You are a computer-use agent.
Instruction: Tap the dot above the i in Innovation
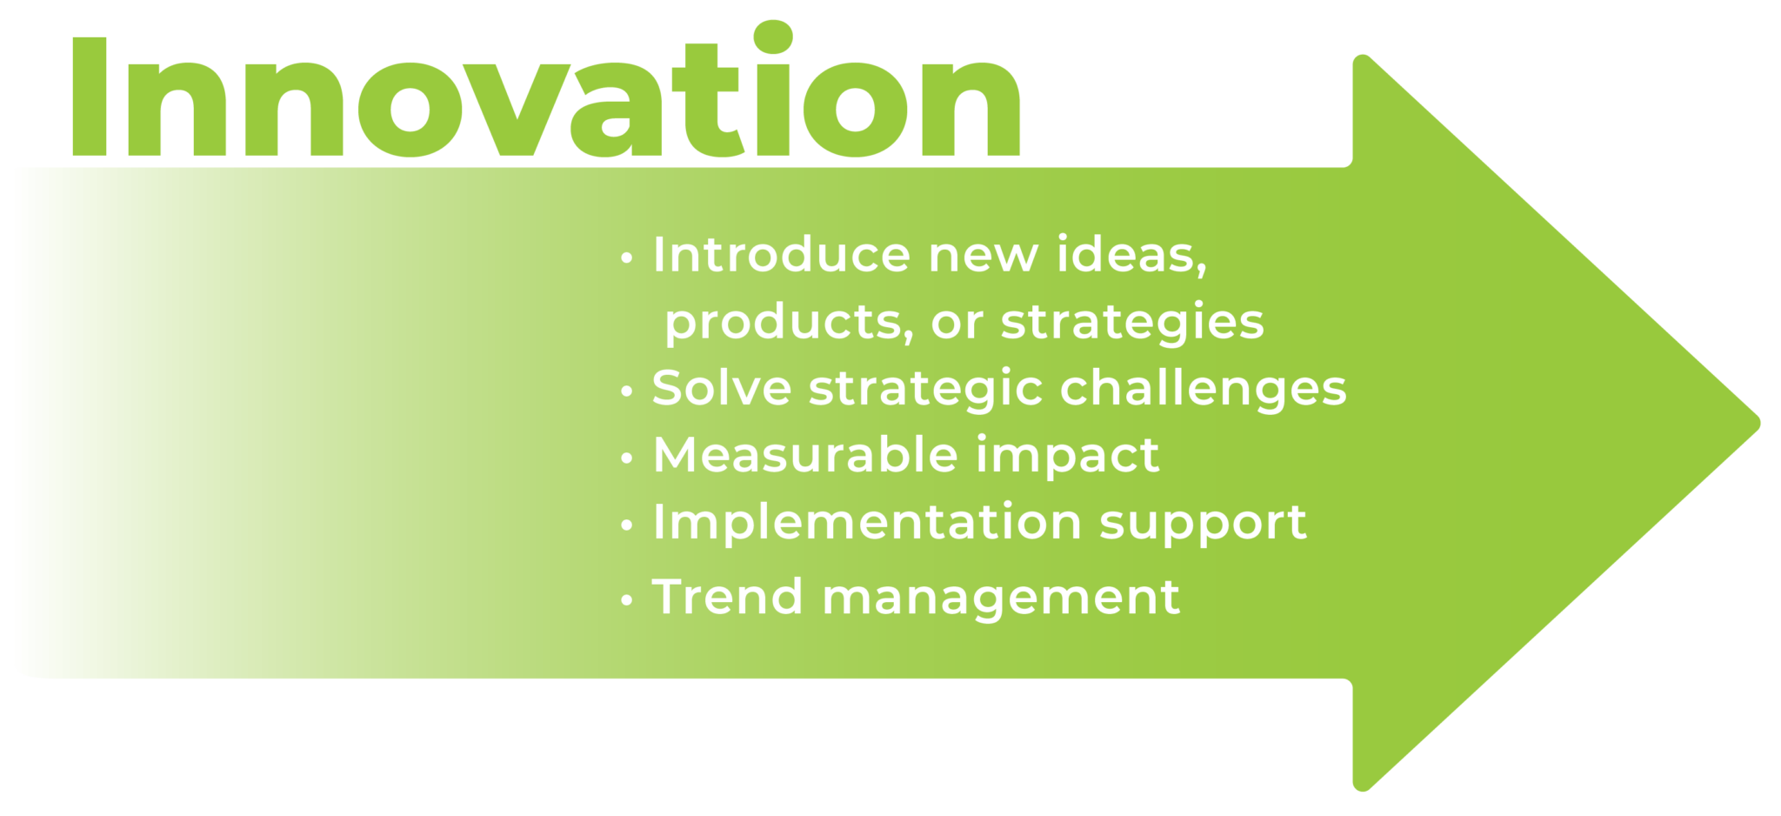773,37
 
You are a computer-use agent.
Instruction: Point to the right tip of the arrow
1760,424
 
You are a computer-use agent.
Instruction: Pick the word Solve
722,388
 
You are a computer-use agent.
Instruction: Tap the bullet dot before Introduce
627,258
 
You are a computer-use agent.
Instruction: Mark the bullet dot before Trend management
627,600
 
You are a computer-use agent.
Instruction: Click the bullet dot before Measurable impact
627,458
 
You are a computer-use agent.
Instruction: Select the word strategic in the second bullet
926,389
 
